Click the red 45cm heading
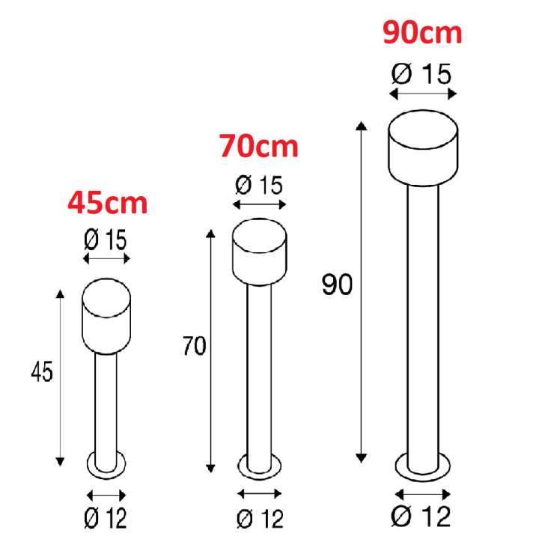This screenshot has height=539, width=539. tap(108, 203)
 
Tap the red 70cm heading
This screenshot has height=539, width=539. tap(258, 146)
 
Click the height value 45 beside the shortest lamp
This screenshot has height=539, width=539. tap(42, 371)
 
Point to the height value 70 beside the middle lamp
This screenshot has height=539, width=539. tap(194, 345)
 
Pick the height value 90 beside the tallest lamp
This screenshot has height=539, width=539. tap(337, 284)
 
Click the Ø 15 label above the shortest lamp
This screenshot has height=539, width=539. tap(106, 240)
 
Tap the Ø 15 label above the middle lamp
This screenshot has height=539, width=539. tap(259, 185)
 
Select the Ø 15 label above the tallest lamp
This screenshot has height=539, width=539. tap(421, 73)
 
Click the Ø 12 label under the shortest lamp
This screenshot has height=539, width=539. tap(106, 518)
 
